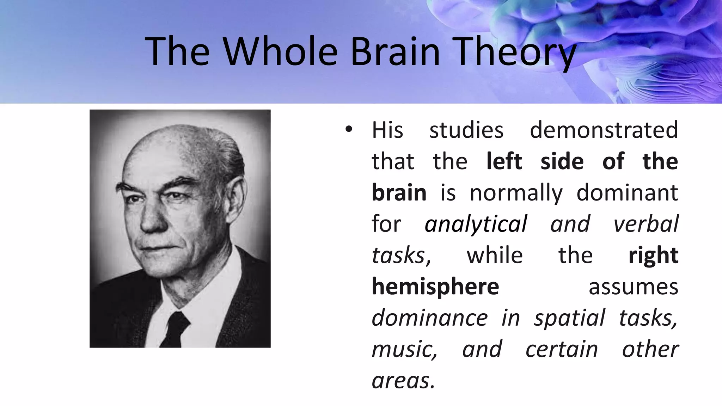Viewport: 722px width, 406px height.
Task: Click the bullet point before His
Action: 349,129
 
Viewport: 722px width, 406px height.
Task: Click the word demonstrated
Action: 604,130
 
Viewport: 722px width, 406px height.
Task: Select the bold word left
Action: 504,161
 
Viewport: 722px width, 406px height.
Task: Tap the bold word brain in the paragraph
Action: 399,193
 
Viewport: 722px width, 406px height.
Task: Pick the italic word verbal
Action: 646,224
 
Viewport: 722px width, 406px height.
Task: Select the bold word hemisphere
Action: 435,287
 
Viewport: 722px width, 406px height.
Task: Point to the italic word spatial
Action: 569,318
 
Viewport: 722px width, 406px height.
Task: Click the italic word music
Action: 404,350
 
